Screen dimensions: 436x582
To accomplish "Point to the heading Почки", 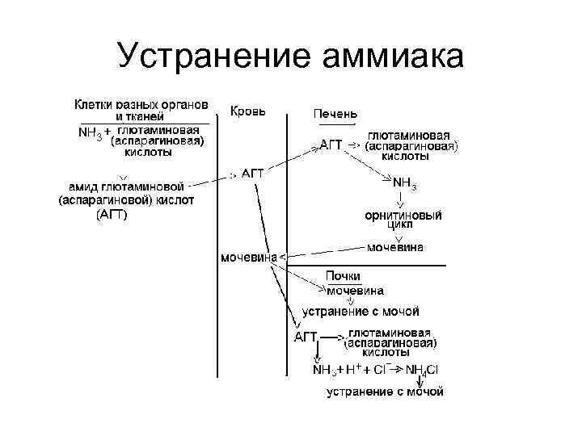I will pyautogui.click(x=343, y=276).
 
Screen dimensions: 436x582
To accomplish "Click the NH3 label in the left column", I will pyautogui.click(x=91, y=133).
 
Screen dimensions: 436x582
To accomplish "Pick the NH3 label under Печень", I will pyautogui.click(x=403, y=184).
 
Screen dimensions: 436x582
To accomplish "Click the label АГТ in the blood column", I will pyautogui.click(x=253, y=173).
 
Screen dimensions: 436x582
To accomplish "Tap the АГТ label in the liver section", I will pyautogui.click(x=331, y=145).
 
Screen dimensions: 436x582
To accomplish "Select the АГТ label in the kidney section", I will pyautogui.click(x=305, y=336).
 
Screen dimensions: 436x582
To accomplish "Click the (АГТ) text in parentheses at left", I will pyautogui.click(x=111, y=215).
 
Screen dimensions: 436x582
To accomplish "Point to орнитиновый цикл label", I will pyautogui.click(x=403, y=220).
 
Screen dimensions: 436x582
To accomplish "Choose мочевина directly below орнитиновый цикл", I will pyautogui.click(x=394, y=247).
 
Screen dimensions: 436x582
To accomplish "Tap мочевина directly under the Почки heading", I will pyautogui.click(x=355, y=290).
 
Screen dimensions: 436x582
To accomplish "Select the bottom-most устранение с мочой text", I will pyautogui.click(x=385, y=392).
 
